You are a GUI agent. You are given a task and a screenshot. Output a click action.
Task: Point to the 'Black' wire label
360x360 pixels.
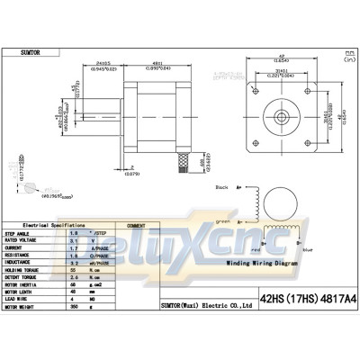coord(223,187)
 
